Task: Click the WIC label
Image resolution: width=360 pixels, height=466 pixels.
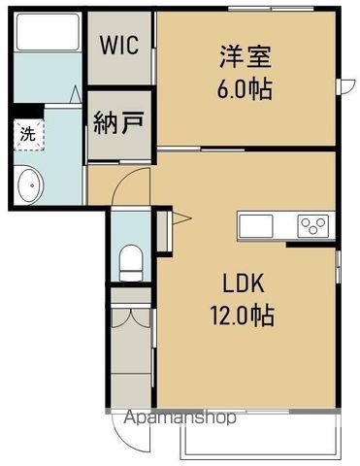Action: pyautogui.click(x=119, y=45)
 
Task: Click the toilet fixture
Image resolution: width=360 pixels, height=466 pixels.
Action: pyautogui.click(x=129, y=260)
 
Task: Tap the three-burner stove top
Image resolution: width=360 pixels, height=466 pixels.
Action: pyautogui.click(x=313, y=226)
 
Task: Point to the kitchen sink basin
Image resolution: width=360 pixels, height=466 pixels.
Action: pyautogui.click(x=258, y=226)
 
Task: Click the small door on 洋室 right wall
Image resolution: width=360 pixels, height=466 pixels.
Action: pyautogui.click(x=342, y=87)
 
